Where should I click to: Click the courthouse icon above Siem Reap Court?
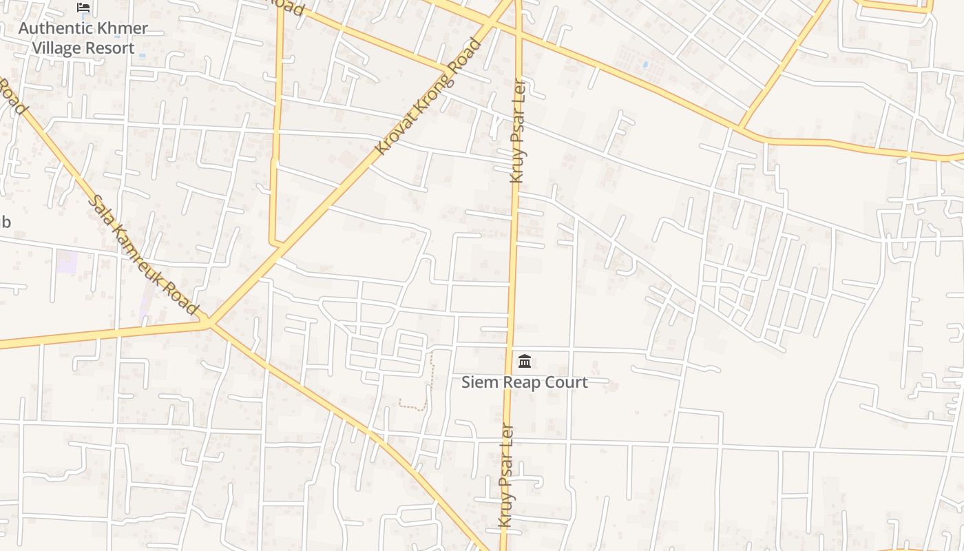click(525, 361)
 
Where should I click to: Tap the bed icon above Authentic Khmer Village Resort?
click(83, 8)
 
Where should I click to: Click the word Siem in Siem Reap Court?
click(478, 382)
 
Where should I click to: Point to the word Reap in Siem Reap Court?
click(522, 382)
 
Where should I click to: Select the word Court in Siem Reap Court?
click(567, 382)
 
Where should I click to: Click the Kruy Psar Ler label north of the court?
click(518, 131)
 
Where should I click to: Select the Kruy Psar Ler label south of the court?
click(506, 475)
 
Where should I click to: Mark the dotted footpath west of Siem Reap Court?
click(431, 379)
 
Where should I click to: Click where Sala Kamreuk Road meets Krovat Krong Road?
click(210, 322)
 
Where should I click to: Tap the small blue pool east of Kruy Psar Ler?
click(645, 65)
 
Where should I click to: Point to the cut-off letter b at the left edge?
click(6, 222)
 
